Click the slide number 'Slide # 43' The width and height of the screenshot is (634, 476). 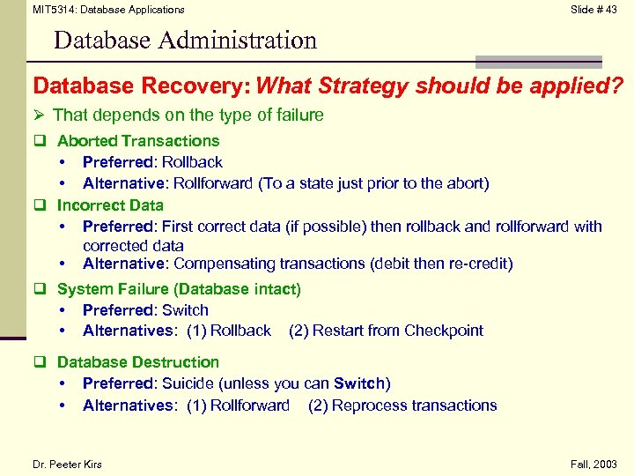pyautogui.click(x=593, y=10)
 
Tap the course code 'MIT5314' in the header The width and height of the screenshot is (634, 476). pyautogui.click(x=51, y=10)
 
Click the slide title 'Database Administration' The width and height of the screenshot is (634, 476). pyautogui.click(x=185, y=41)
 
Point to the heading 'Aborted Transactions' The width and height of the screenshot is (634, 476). pyautogui.click(x=138, y=141)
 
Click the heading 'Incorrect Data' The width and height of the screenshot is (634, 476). pyautogui.click(x=110, y=205)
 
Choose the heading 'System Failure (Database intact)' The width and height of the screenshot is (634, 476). pyautogui.click(x=179, y=289)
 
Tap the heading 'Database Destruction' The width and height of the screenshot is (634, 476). pyautogui.click(x=138, y=362)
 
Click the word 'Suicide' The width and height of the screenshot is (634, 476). pyautogui.click(x=189, y=383)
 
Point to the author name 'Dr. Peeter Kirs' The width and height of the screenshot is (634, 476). pyautogui.click(x=67, y=465)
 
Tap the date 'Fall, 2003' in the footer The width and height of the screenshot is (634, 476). pyautogui.click(x=595, y=465)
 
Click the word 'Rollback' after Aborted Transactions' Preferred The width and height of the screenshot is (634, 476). pyautogui.click(x=192, y=162)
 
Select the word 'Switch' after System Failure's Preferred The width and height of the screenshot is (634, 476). pyautogui.click(x=185, y=310)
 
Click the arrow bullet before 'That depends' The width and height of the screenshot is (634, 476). pyautogui.click(x=39, y=115)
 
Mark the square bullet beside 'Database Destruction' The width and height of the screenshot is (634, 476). pyautogui.click(x=40, y=362)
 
